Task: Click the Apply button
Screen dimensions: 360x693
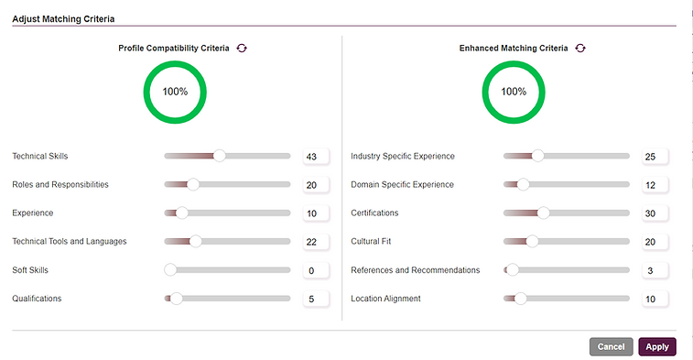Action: click(x=656, y=346)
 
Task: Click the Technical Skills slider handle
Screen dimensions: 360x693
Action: click(x=219, y=156)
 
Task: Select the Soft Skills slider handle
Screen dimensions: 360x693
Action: click(x=170, y=270)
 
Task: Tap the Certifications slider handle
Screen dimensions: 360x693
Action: click(x=543, y=213)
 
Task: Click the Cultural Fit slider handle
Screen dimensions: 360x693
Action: click(x=532, y=242)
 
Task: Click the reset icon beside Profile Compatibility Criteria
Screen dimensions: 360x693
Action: click(x=242, y=48)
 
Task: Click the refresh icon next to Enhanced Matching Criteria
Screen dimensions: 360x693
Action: click(x=580, y=48)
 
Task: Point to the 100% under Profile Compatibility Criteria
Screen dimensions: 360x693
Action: click(x=175, y=92)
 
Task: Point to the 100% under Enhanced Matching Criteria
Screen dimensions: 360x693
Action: click(x=514, y=92)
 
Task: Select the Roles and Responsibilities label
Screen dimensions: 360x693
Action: click(x=60, y=185)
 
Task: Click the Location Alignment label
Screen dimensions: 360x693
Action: click(x=386, y=299)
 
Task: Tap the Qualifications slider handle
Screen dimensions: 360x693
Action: click(x=177, y=299)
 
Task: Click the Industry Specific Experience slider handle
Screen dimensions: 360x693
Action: click(x=537, y=156)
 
